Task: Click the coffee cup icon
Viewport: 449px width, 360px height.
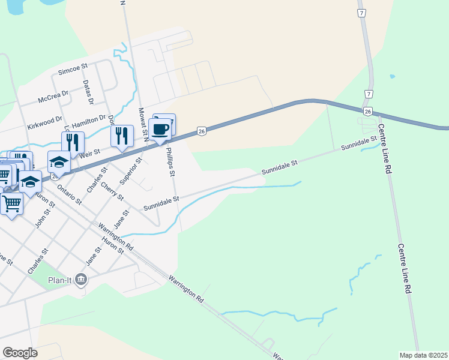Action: (x=160, y=130)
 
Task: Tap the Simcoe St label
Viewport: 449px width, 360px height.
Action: (x=73, y=70)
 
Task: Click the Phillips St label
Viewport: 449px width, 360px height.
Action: (x=170, y=162)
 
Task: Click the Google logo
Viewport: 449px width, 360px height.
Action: (x=20, y=353)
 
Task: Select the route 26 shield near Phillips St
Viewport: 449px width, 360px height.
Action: (x=202, y=131)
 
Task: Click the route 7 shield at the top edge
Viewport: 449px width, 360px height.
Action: (x=361, y=13)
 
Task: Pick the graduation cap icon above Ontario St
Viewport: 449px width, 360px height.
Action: (x=59, y=163)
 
